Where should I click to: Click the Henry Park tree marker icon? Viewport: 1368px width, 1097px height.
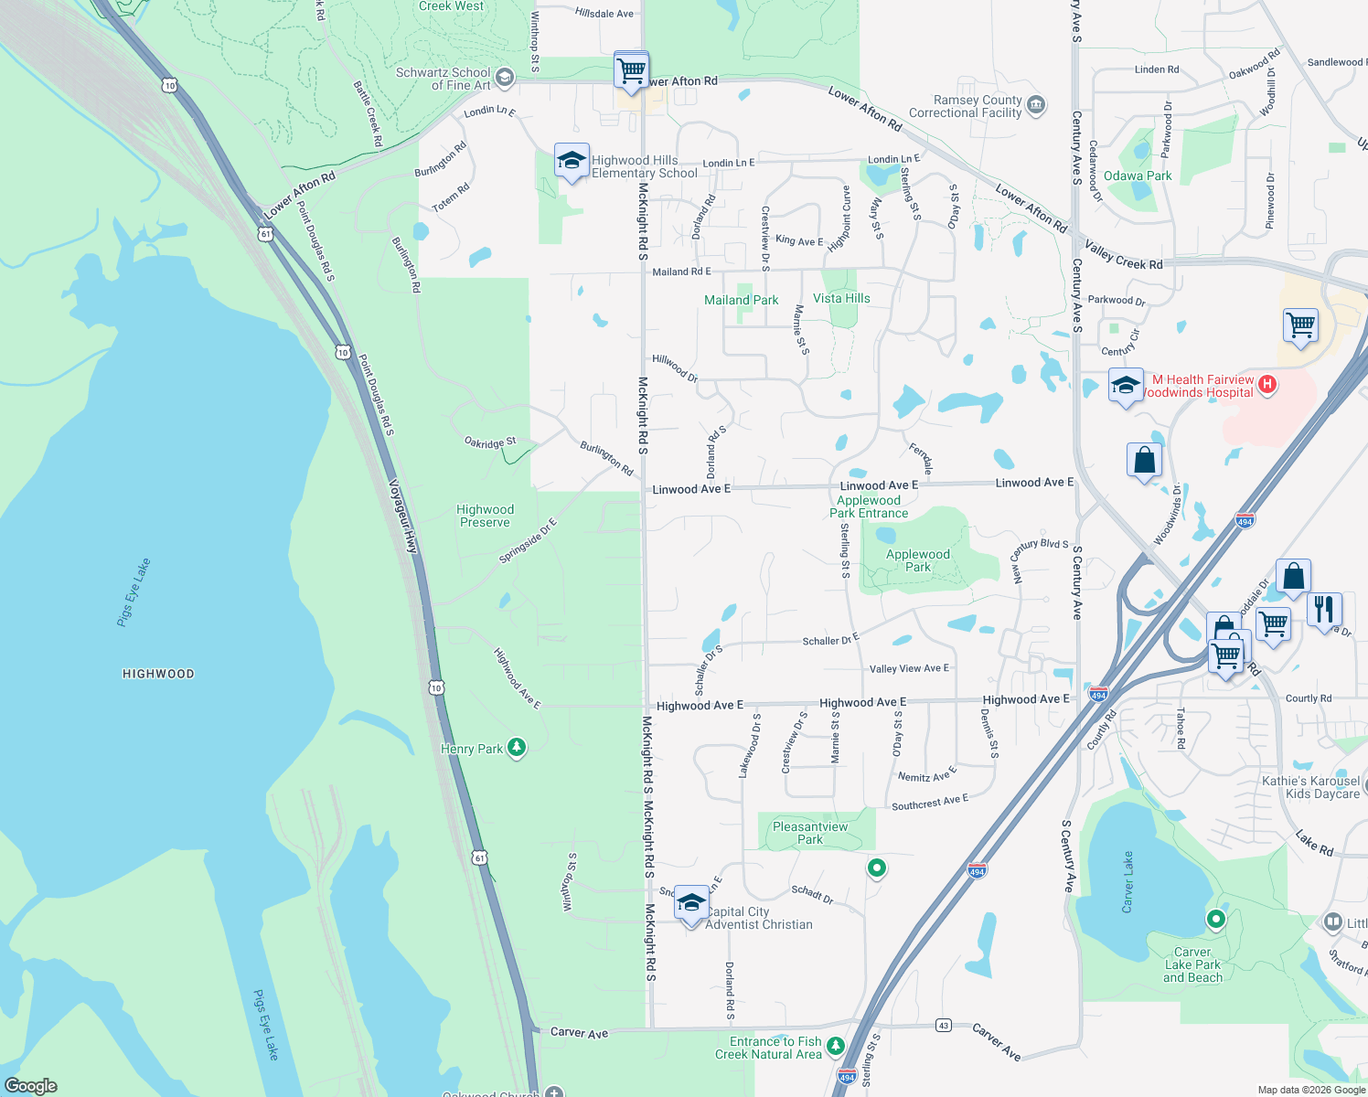pyautogui.click(x=517, y=749)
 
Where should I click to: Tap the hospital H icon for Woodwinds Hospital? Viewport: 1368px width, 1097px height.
pyautogui.click(x=1267, y=385)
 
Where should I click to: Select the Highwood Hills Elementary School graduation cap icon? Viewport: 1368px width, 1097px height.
pyautogui.click(x=572, y=161)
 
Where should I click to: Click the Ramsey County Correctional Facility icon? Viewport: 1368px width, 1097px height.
pyautogui.click(x=1036, y=106)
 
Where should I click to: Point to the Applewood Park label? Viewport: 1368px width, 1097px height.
pyautogui.click(x=917, y=560)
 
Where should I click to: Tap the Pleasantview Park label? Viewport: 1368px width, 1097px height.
pyautogui.click(x=810, y=833)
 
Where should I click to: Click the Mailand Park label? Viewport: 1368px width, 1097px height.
pyautogui.click(x=741, y=300)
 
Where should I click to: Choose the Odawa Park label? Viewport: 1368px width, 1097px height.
pyautogui.click(x=1137, y=176)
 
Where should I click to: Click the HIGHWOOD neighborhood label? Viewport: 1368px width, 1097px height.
pyautogui.click(x=158, y=674)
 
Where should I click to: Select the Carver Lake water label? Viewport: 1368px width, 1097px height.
pyautogui.click(x=1128, y=882)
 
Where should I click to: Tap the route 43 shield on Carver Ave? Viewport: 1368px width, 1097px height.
pyautogui.click(x=943, y=1026)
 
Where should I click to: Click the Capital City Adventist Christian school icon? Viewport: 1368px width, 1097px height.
pyautogui.click(x=691, y=903)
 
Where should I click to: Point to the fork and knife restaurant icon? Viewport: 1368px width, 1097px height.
pyautogui.click(x=1324, y=609)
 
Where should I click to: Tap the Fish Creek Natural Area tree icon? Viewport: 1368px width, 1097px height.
pyautogui.click(x=836, y=1046)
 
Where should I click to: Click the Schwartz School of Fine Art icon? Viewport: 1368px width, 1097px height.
pyautogui.click(x=505, y=79)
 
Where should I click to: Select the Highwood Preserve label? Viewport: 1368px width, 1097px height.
pyautogui.click(x=485, y=516)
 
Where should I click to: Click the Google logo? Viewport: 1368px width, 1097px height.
pyautogui.click(x=31, y=1086)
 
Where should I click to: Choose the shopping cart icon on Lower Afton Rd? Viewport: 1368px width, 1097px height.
pyautogui.click(x=631, y=69)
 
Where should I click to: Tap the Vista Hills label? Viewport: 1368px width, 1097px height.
pyautogui.click(x=841, y=298)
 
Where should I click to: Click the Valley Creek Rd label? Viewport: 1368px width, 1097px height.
pyautogui.click(x=1124, y=255)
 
